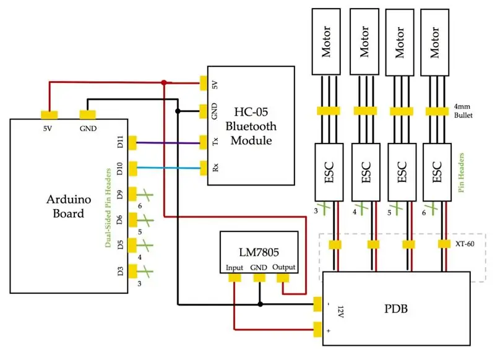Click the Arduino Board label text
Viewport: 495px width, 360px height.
click(x=69, y=207)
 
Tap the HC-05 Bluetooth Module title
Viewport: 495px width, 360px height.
click(x=251, y=126)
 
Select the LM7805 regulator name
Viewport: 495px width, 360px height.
click(x=259, y=252)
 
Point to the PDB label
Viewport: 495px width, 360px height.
click(x=396, y=308)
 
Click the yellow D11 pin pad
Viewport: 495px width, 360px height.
click(x=132, y=143)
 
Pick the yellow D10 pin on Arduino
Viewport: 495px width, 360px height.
click(x=132, y=168)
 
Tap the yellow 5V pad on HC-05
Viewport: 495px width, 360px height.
click(x=204, y=83)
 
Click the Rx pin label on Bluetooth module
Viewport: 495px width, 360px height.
click(x=215, y=167)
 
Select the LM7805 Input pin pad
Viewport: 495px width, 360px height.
click(x=235, y=278)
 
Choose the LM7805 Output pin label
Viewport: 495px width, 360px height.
click(x=284, y=267)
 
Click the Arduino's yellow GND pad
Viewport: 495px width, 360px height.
click(x=87, y=114)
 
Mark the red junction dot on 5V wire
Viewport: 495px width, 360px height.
click(x=164, y=83)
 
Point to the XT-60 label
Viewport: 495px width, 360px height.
click(x=465, y=244)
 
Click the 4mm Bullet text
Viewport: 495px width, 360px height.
click(x=463, y=111)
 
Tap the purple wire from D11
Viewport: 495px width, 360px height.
click(x=168, y=143)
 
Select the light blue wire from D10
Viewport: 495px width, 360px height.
click(x=168, y=168)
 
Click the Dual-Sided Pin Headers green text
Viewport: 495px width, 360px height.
click(x=108, y=208)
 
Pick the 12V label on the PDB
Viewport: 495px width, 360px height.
click(x=341, y=312)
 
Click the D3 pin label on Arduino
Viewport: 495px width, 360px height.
click(x=120, y=272)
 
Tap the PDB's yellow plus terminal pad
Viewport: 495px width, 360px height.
click(x=317, y=330)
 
